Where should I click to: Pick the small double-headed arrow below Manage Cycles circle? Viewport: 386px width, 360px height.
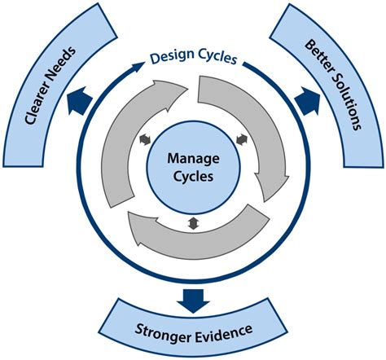[x=192, y=223]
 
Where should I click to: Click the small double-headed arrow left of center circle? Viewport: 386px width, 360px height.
[x=146, y=141]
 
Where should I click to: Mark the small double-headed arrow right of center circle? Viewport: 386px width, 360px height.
[x=240, y=141]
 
